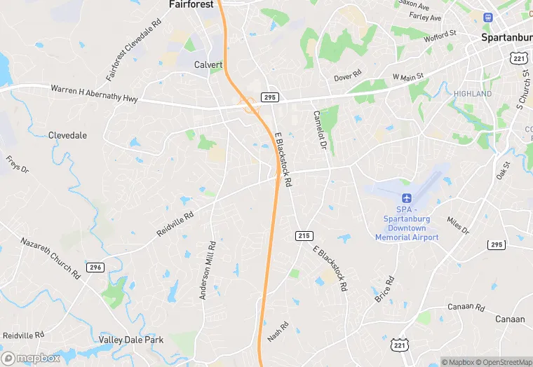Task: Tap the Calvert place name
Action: click(208, 64)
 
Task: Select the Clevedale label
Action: click(67, 135)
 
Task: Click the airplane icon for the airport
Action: click(406, 198)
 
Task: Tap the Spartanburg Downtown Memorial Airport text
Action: click(407, 223)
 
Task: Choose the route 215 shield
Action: click(304, 235)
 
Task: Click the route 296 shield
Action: click(95, 267)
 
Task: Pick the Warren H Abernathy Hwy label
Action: click(93, 95)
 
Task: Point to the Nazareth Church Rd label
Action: click(50, 258)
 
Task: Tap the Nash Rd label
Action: click(278, 331)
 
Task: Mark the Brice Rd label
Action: click(384, 289)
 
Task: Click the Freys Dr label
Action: click(18, 165)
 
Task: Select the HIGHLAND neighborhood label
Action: click(473, 94)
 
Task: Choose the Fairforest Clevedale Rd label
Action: click(134, 50)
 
